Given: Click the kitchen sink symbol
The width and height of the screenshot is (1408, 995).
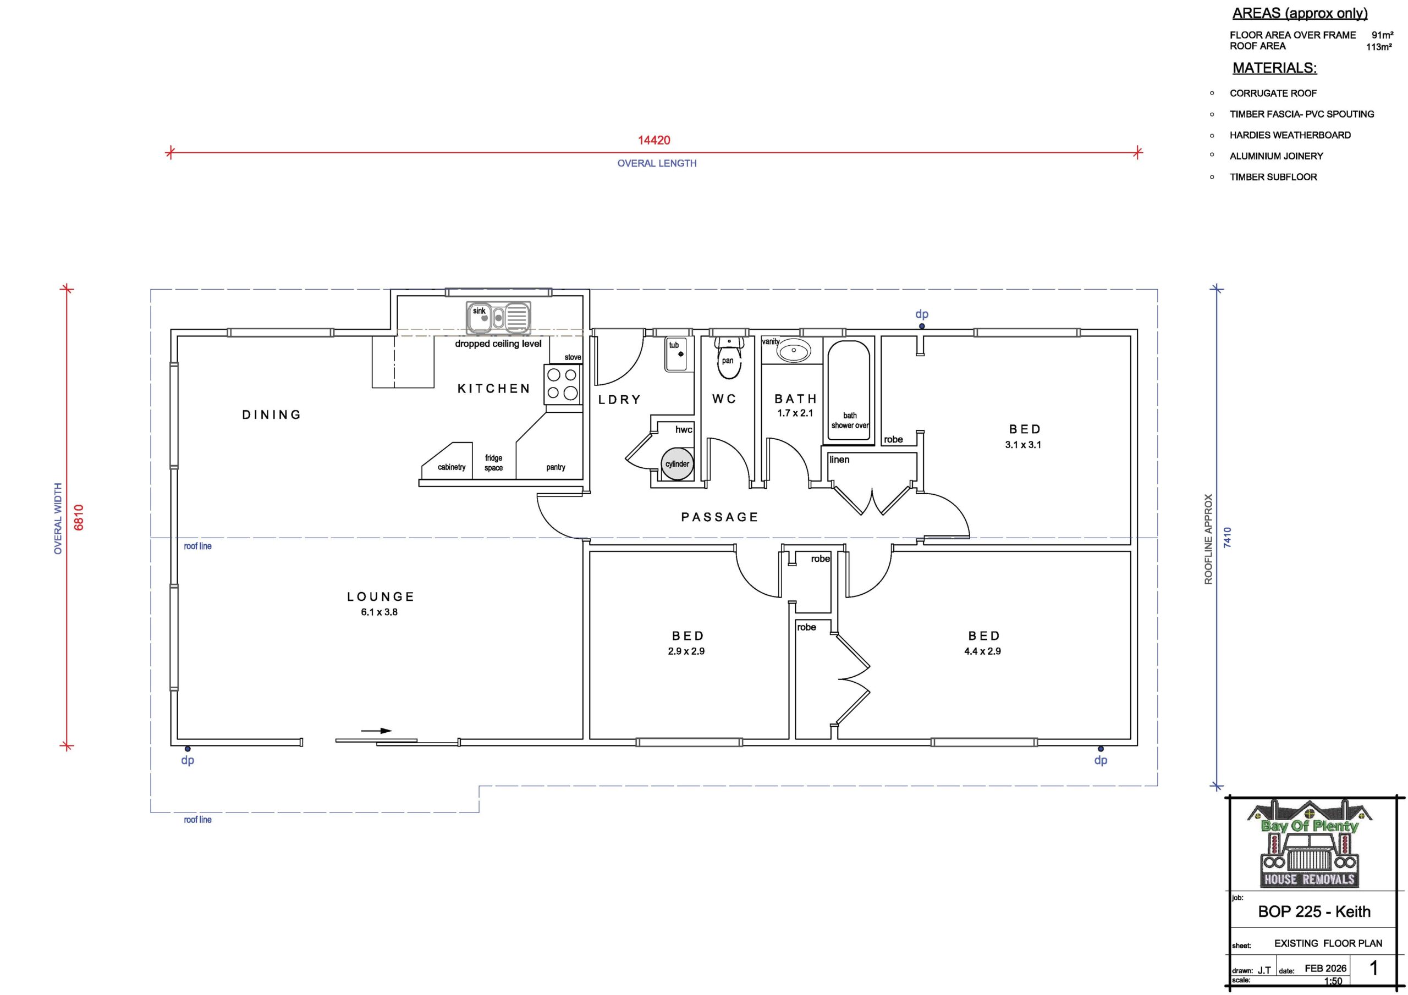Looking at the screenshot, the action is point(498,318).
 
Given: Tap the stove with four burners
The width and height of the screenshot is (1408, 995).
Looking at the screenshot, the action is point(562,384).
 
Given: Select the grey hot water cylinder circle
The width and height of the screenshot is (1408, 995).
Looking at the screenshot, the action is point(677,463).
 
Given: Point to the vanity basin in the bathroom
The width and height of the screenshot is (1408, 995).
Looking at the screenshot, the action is point(794,350).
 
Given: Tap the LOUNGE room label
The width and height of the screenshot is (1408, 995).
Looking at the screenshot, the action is point(381,596).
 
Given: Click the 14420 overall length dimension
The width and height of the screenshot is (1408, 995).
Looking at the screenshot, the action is point(654,140).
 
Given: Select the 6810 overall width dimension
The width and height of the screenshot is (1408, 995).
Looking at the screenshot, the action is point(79,517).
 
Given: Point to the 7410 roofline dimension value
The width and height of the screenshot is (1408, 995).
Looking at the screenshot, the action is point(1227,537).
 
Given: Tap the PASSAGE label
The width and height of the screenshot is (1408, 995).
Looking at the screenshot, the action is point(720,517).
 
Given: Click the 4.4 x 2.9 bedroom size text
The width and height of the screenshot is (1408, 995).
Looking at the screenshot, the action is point(982,651).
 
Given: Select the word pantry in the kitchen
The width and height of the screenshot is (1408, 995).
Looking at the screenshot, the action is point(555,468).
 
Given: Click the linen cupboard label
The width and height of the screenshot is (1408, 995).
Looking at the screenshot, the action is point(839,460).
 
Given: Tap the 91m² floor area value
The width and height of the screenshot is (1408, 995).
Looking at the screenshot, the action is point(1382,36).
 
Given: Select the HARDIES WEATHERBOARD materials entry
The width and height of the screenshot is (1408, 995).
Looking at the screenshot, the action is point(1290,135).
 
